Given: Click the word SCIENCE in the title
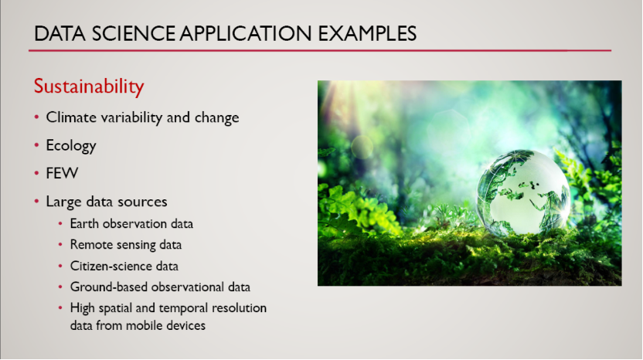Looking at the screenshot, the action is point(134,34).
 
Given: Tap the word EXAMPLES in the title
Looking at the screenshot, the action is point(367,34).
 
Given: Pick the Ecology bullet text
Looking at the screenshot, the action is point(71,146).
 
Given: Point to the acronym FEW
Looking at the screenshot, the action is point(62,174).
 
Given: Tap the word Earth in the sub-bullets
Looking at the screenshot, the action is point(84,224).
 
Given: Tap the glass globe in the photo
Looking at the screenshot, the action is point(523,192).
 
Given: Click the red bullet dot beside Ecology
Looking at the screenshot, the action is point(37,145).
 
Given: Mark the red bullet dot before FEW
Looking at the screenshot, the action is point(37,173).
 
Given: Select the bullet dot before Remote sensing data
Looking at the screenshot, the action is point(60,245).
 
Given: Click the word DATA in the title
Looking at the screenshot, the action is point(60,34).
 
